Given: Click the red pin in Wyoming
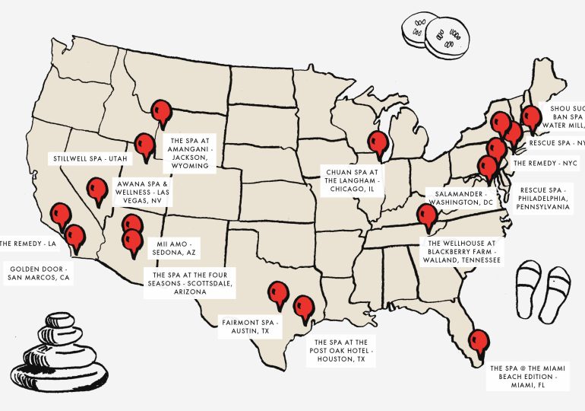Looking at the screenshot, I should pos(160,113).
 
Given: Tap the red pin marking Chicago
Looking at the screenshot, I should pos(377,142).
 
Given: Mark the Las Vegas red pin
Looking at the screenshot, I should pos(96,190).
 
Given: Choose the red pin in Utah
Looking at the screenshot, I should pos(143,144).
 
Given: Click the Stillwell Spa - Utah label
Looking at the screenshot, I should pos(90,158).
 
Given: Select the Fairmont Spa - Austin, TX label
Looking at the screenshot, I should pos(250,328).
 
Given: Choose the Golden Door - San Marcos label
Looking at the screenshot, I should pos(38,273).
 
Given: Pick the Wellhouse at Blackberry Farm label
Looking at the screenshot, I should pos(459,252).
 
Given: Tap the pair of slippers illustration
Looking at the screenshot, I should pos(542,289).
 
